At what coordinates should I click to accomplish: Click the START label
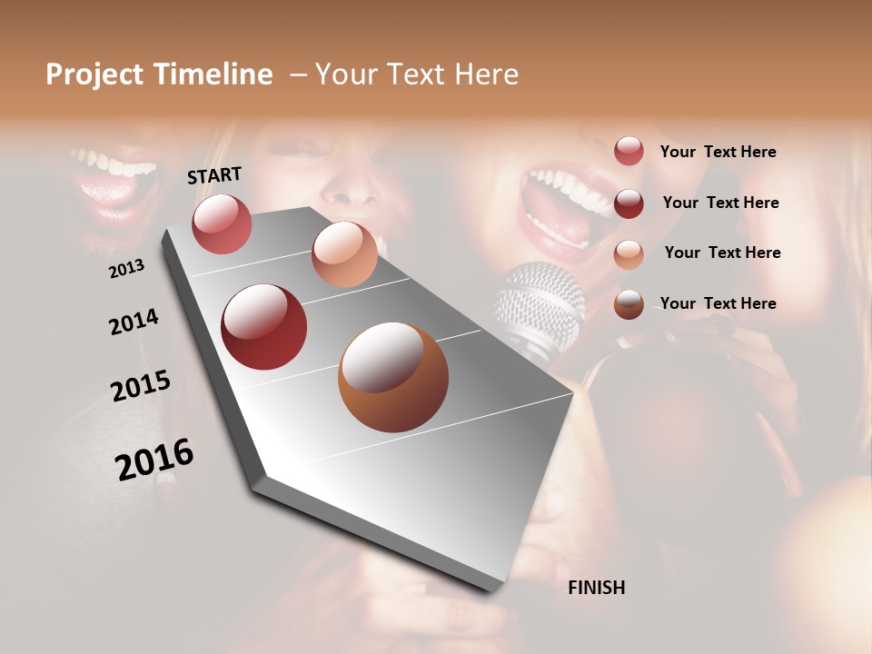pos(214,175)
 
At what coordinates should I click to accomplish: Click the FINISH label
pos(596,588)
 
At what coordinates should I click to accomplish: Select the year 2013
pos(127,269)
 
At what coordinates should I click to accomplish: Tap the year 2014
pos(134,322)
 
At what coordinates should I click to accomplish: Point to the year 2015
pos(141,386)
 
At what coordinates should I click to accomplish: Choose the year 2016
pos(154,460)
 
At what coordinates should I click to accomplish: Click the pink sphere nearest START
pos(222,223)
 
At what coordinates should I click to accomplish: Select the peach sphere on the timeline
pos(344,254)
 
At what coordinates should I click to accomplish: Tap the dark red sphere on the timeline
pos(263,327)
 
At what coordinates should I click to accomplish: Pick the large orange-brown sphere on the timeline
pos(392,377)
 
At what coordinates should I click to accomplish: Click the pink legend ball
pos(629,151)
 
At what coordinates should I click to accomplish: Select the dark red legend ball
pos(629,203)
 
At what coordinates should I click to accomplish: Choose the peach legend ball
pos(629,253)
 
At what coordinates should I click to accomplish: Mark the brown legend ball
pos(629,304)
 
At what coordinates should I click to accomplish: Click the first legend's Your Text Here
pos(718,152)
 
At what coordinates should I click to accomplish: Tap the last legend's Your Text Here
pos(718,303)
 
